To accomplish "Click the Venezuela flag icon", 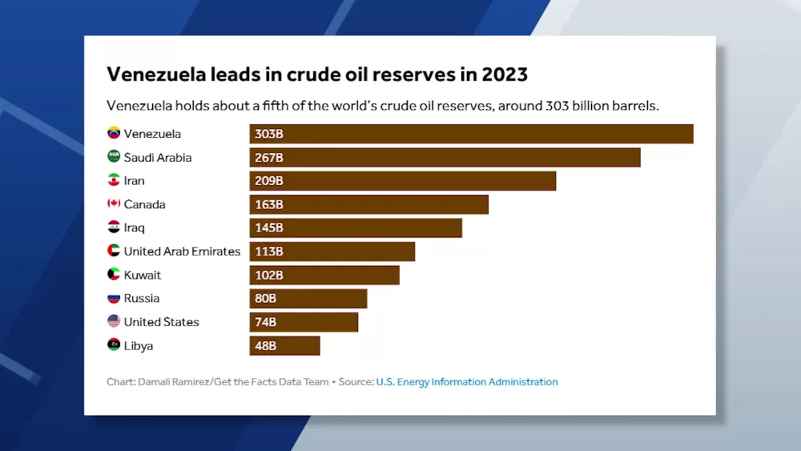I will point(114,134).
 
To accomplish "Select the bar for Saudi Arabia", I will point(445,158).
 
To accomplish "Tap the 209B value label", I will point(269,181).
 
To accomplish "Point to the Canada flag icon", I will point(114,204).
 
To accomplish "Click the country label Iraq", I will point(134,228).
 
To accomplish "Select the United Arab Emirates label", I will point(182,252).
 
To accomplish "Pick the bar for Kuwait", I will point(324,275).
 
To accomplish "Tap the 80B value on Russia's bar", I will point(266,299).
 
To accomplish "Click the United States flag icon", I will point(114,321).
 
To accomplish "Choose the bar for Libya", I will point(284,346).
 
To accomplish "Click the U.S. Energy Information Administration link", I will point(467,382).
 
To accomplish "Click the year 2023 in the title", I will point(504,74).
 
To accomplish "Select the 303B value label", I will point(269,134).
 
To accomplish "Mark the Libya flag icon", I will point(114,345).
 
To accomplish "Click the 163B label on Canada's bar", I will point(269,204).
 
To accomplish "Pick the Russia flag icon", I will point(114,298).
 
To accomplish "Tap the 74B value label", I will point(266,322).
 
